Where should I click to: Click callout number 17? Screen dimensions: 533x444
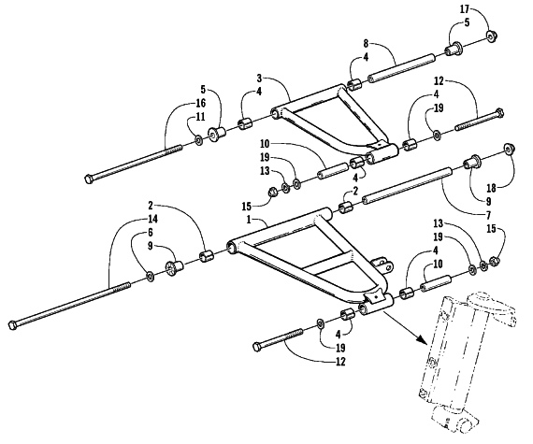(465, 9)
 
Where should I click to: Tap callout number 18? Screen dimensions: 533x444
(492, 188)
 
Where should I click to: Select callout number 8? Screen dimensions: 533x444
(366, 44)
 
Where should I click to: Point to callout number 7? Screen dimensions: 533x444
(488, 215)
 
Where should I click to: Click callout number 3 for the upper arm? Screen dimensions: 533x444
(259, 79)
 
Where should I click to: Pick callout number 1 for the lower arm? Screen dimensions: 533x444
(249, 220)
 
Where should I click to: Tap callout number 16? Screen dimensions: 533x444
(200, 103)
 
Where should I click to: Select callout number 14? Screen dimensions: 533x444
(153, 219)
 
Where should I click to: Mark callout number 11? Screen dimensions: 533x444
(200, 117)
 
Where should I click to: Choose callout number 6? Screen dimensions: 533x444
(150, 233)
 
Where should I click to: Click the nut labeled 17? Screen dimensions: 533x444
(491, 36)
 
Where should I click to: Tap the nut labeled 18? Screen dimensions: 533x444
(510, 149)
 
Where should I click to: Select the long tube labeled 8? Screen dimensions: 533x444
(402, 68)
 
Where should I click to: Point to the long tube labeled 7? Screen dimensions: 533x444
(408, 186)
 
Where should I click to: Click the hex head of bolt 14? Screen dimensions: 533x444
(12, 325)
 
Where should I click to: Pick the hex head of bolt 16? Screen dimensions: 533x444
(89, 179)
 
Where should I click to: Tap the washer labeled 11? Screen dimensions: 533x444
(198, 139)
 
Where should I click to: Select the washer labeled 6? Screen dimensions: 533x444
(151, 277)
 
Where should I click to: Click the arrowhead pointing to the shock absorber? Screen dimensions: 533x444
(422, 339)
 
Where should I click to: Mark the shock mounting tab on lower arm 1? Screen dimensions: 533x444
(382, 265)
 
